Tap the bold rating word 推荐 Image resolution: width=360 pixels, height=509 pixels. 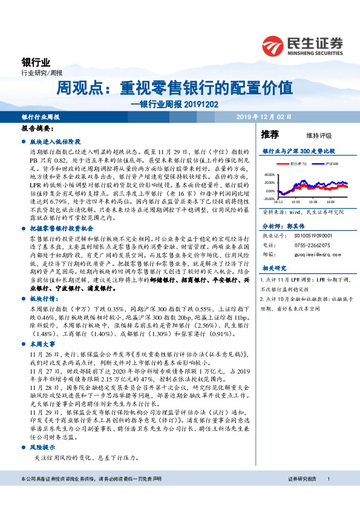pyautogui.click(x=270, y=134)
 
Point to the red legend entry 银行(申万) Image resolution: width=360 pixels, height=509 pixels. pyautogui.click(x=297, y=163)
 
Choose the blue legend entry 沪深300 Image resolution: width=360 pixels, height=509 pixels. pyautogui.click(x=330, y=163)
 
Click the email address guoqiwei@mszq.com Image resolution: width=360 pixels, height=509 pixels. pyautogui.click(x=313, y=255)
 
